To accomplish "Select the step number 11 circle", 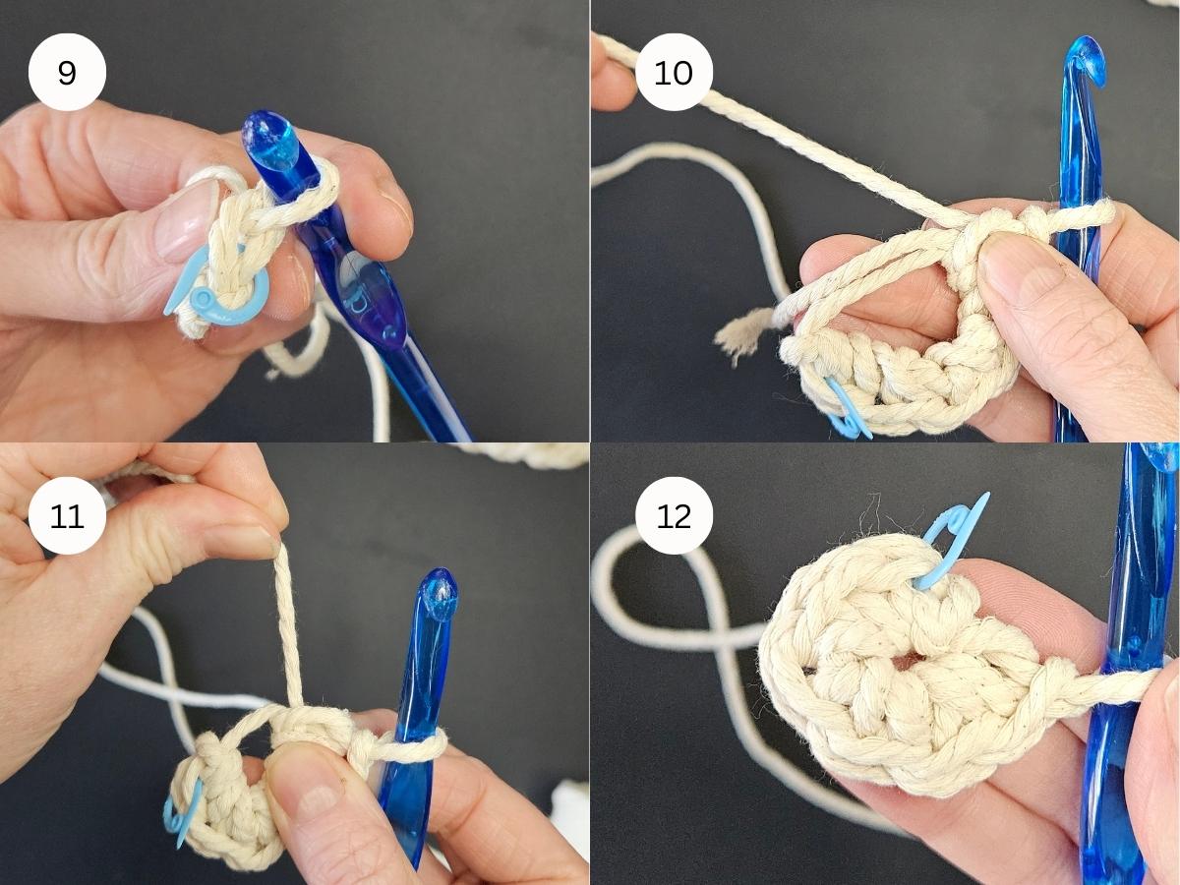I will tap(67, 515).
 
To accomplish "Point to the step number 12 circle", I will tap(674, 515).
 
